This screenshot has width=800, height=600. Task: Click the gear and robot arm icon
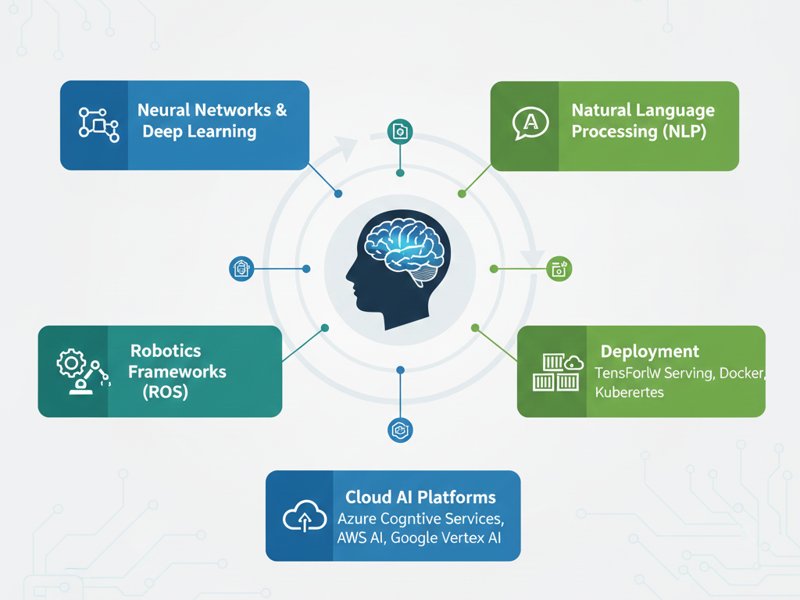[81, 370]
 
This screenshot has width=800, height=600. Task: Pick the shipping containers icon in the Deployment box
[558, 371]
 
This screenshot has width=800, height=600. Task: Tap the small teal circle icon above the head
[400, 131]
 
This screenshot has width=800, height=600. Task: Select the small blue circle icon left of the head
[241, 269]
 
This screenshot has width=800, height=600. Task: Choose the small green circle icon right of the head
[559, 269]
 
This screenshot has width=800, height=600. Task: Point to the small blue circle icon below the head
[400, 429]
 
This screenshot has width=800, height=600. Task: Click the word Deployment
[649, 352]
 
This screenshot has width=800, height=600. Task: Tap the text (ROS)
[166, 392]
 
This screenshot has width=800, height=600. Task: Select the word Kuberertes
[629, 392]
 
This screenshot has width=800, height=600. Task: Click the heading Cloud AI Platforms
[420, 497]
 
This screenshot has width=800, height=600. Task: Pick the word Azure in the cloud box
[356, 518]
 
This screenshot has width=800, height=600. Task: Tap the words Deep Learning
[199, 131]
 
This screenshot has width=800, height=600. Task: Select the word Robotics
[166, 350]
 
